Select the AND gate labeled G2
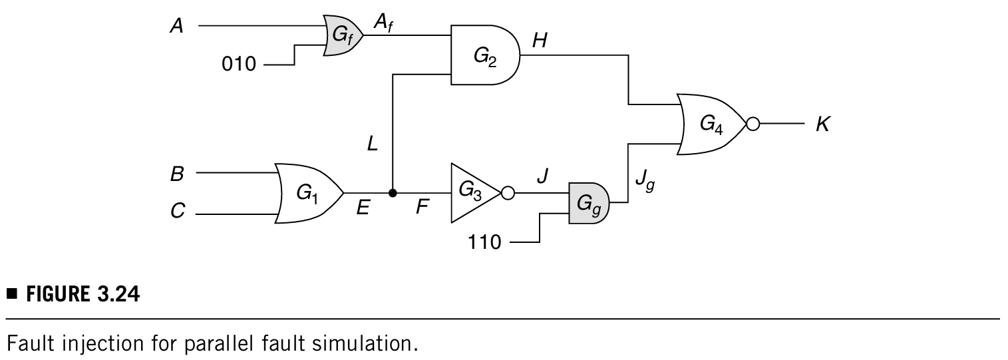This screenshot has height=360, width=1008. click(484, 56)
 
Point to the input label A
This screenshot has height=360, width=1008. click(176, 27)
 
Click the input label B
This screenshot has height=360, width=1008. click(176, 174)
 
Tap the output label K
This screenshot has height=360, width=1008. click(822, 124)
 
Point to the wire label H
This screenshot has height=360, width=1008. click(540, 41)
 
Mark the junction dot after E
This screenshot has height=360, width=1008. click(393, 193)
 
